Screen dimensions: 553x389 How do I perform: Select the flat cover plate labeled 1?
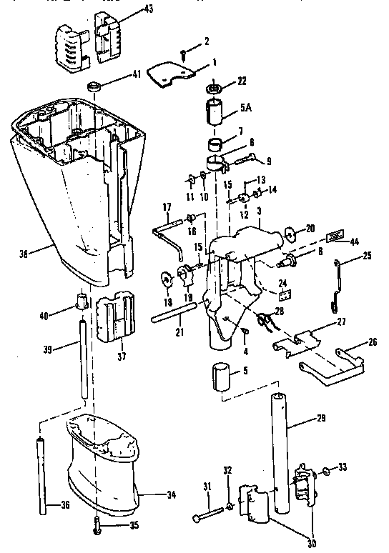170,73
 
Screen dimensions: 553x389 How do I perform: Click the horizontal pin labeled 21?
174,314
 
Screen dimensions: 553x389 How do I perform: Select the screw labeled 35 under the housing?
97,527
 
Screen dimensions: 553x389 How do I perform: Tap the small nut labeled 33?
325,470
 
